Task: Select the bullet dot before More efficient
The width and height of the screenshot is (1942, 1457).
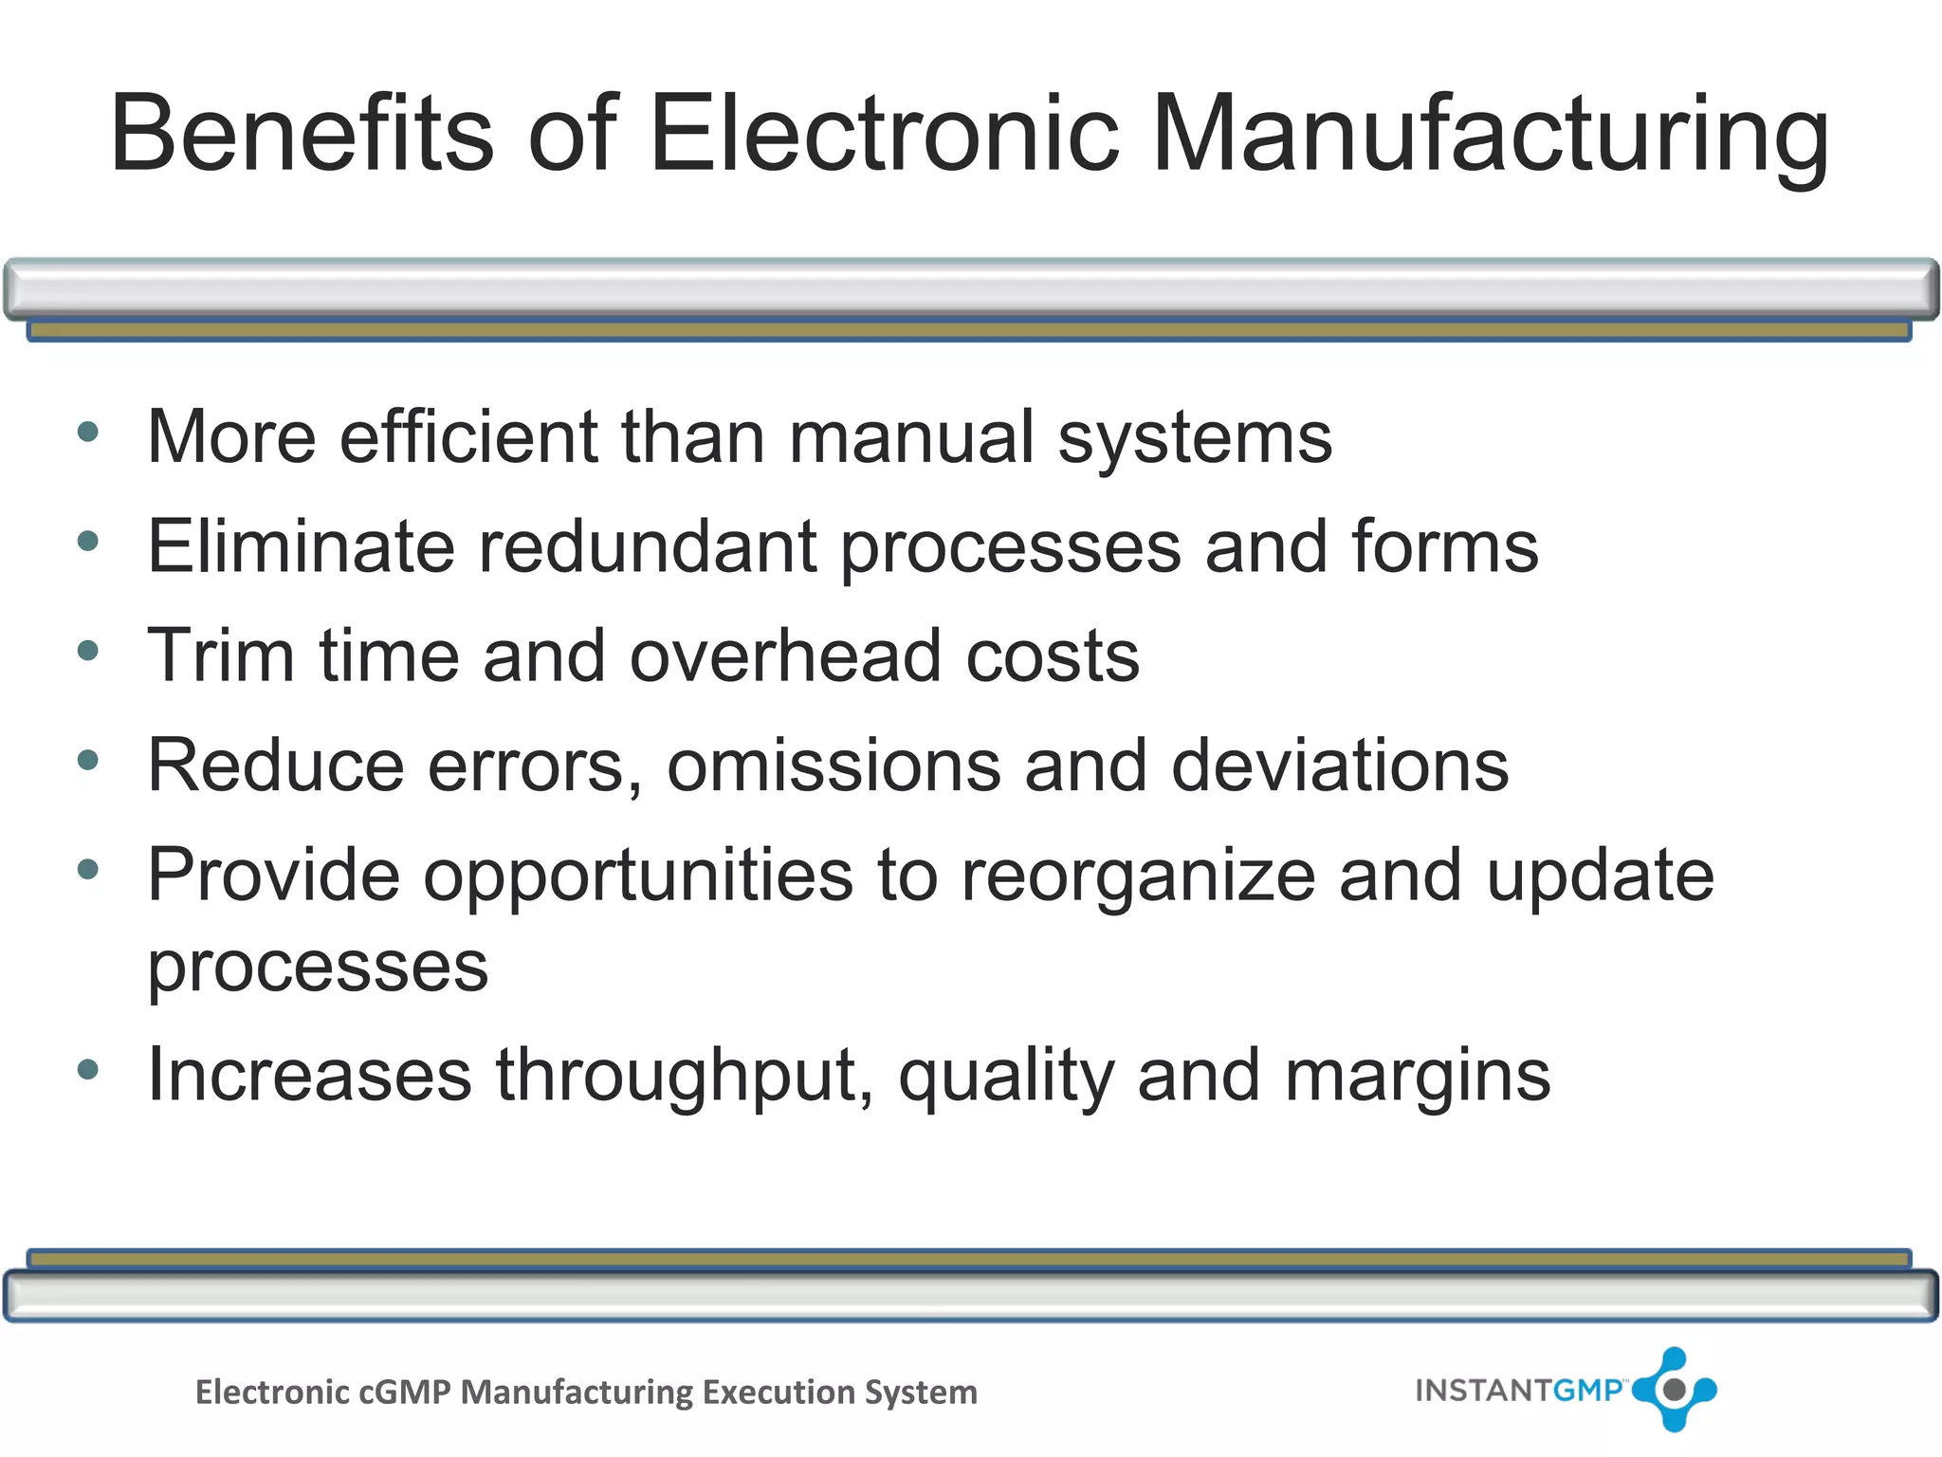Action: [x=88, y=433]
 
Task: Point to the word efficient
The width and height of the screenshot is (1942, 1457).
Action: [x=469, y=437]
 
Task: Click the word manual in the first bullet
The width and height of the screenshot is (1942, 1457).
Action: [x=910, y=437]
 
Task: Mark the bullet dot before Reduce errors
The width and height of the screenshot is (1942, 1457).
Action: [x=88, y=760]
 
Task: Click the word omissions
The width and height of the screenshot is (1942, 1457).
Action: [x=834, y=765]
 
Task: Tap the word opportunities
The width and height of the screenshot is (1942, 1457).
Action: [x=637, y=876]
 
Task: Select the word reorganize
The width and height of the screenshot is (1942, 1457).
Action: [x=1138, y=876]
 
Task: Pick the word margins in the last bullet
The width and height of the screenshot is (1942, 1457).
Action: [x=1418, y=1077]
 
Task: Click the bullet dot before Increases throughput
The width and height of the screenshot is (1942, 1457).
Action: [x=88, y=1071]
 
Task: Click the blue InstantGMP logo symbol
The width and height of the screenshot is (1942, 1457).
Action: [x=1675, y=1390]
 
